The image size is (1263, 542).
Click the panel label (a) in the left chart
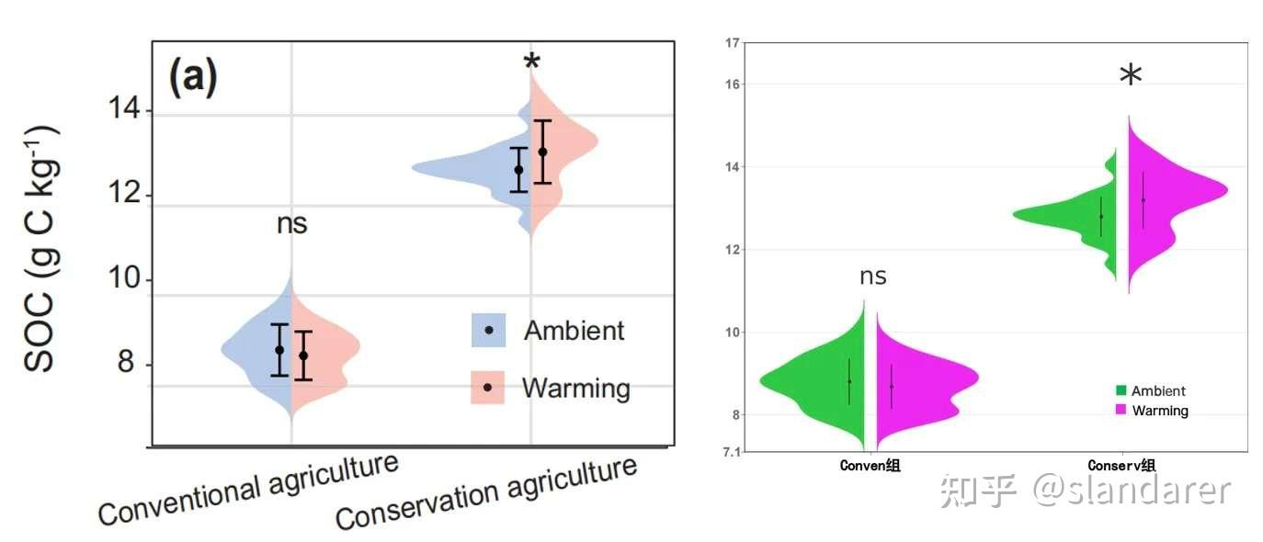pos(193,78)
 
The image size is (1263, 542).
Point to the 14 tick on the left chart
pos(124,111)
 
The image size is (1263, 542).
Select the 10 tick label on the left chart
pos(124,280)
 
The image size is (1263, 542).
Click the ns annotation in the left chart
pos(291,223)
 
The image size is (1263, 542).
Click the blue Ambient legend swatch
pos(489,330)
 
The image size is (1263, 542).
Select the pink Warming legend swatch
pos(488,387)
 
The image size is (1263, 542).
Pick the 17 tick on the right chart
pos(732,42)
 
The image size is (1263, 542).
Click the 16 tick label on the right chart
pos(732,84)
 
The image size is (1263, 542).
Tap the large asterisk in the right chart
pos(1131,78)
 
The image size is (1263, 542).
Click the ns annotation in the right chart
pos(872,276)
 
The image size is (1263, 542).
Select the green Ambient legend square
pos(1121,390)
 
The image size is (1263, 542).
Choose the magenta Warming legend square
pos(1121,410)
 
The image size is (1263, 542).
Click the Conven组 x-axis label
pos(870,466)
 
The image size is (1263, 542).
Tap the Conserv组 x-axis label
pos(1121,466)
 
